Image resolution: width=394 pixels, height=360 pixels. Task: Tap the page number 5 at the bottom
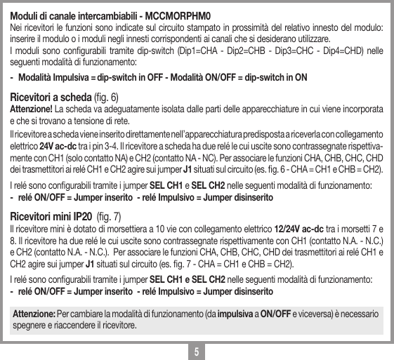pyautogui.click(x=197, y=350)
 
